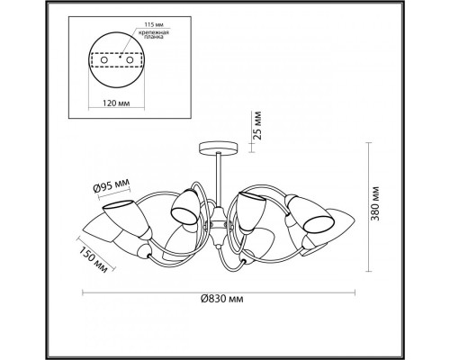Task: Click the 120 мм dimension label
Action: [x=116, y=103]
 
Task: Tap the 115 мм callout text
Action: [x=154, y=24]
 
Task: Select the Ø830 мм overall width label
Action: [x=222, y=299]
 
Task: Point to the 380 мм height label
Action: [x=375, y=203]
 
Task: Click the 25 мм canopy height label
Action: [x=257, y=125]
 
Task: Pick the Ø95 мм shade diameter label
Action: [x=112, y=185]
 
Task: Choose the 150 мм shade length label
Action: [x=94, y=259]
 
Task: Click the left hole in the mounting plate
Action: [x=104, y=60]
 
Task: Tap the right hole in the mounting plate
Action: [x=130, y=60]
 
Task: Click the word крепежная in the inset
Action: [x=153, y=32]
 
